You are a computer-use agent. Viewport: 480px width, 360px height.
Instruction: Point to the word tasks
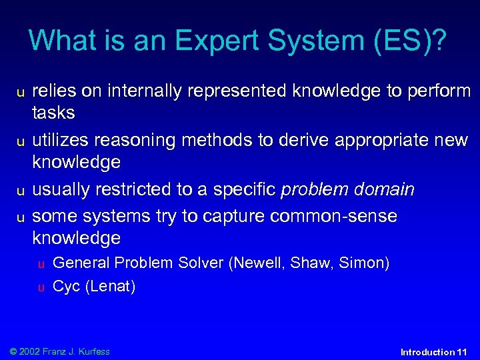tap(53, 113)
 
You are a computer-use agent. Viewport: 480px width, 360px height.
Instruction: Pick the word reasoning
tap(135, 140)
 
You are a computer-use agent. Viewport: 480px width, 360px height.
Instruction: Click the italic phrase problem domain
tap(347, 190)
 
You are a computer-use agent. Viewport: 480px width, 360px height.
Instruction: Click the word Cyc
tap(67, 287)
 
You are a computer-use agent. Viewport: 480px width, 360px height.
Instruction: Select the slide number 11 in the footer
tap(463, 352)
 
